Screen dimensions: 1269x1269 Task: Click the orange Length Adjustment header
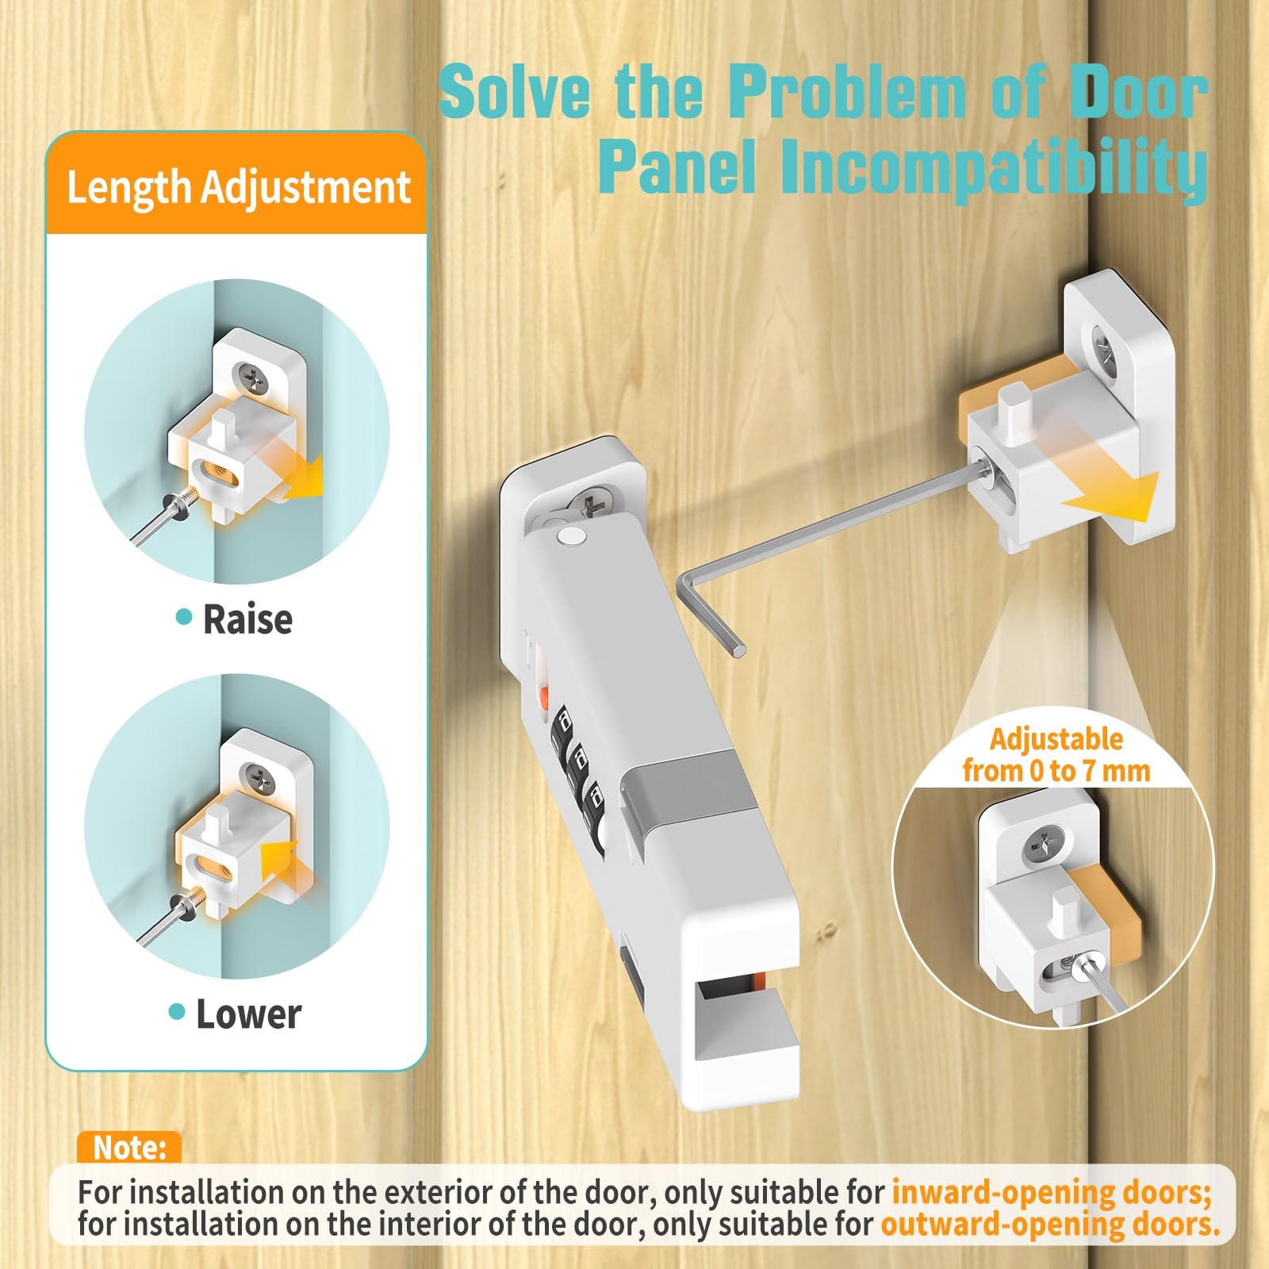(237, 187)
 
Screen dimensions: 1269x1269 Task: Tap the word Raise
(247, 619)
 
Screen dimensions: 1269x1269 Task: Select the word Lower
(248, 1014)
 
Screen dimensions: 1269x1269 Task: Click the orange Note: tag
(129, 1148)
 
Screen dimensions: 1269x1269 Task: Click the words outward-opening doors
(1050, 1224)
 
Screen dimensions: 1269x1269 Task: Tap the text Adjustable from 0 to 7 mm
(1056, 754)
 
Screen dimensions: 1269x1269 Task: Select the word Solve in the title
(515, 92)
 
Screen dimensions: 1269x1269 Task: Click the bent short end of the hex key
(710, 615)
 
